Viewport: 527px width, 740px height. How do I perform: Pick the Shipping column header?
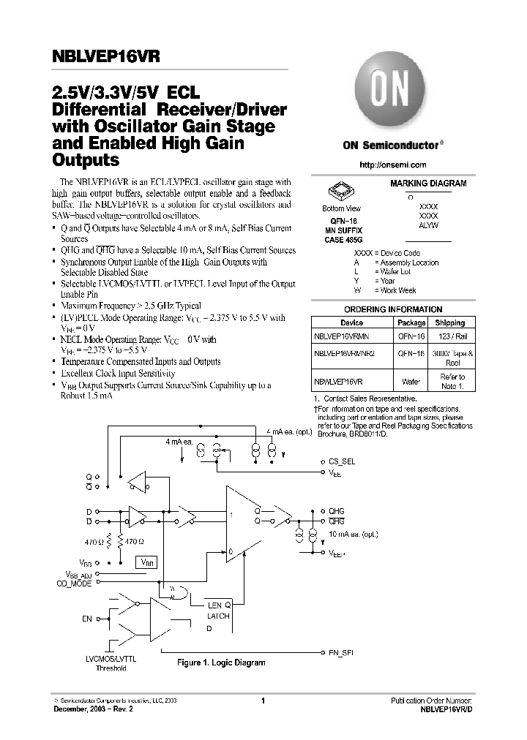(x=449, y=322)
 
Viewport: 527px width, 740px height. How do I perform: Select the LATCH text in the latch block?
(x=218, y=616)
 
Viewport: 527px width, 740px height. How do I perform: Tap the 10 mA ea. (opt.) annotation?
(x=354, y=536)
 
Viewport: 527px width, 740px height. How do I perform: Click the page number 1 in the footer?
(x=262, y=701)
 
